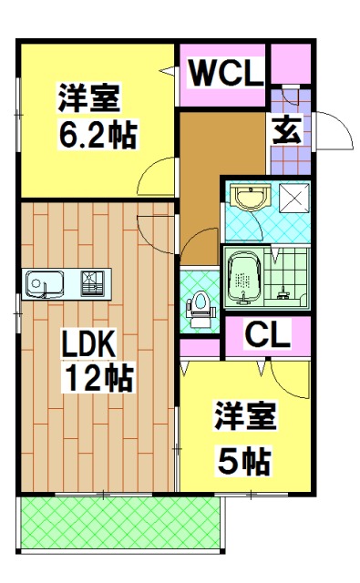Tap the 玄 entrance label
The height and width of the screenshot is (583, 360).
pos(288,130)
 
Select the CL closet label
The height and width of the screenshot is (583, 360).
pos(267,335)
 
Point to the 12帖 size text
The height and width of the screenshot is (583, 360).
pos(98,376)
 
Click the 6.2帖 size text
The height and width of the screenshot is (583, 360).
pos(98,136)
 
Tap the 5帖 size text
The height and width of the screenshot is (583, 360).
pos(244,462)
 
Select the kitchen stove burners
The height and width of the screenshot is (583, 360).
pos(94,283)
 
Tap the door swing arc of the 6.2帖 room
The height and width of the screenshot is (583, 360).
pos(160,175)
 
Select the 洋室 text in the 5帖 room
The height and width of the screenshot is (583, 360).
pos(245,421)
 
